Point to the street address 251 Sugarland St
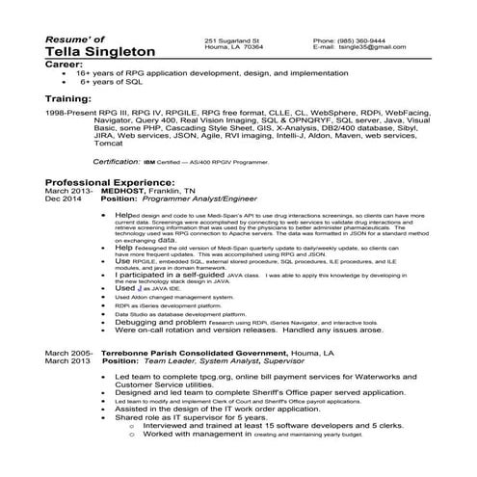click(x=232, y=40)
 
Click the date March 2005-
click(x=68, y=354)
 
